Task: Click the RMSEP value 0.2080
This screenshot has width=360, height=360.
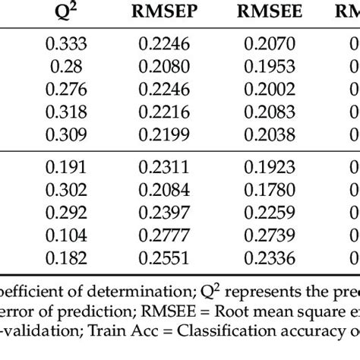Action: (x=166, y=67)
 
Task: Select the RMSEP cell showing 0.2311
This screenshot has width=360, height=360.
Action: (x=166, y=168)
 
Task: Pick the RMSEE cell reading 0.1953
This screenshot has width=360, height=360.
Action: (x=271, y=67)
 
